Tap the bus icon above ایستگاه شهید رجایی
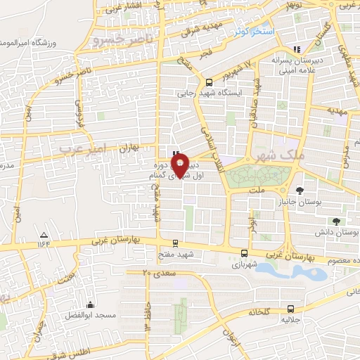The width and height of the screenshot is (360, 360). (x=208, y=82)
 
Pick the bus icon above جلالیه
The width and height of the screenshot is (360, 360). (x=290, y=309)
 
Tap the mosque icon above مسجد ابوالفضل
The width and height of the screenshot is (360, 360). (x=90, y=305)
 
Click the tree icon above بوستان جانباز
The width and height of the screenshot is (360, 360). (x=300, y=190)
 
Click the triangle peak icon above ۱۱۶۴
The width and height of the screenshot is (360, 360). (x=44, y=235)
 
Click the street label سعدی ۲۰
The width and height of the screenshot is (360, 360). (x=157, y=272)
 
